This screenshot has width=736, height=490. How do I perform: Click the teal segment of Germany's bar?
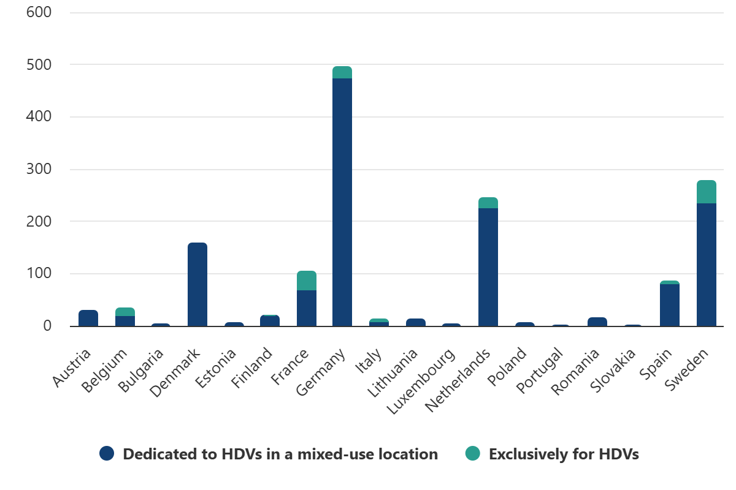click(x=342, y=72)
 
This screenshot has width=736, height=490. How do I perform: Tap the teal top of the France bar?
click(x=307, y=281)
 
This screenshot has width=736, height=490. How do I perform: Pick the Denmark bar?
click(x=197, y=285)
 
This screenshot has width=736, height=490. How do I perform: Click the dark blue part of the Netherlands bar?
click(x=488, y=267)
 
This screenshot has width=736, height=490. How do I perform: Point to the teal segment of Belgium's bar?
click(x=125, y=312)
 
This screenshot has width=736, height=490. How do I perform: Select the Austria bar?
click(x=88, y=318)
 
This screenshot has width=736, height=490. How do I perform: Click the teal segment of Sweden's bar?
click(x=707, y=192)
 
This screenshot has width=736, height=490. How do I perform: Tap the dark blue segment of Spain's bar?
click(x=670, y=305)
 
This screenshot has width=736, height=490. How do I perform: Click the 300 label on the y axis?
click(x=39, y=169)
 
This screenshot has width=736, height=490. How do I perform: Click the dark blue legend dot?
click(x=107, y=454)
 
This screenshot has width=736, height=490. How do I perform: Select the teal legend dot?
click(x=472, y=454)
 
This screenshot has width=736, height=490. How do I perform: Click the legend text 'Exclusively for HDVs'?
click(x=564, y=454)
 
